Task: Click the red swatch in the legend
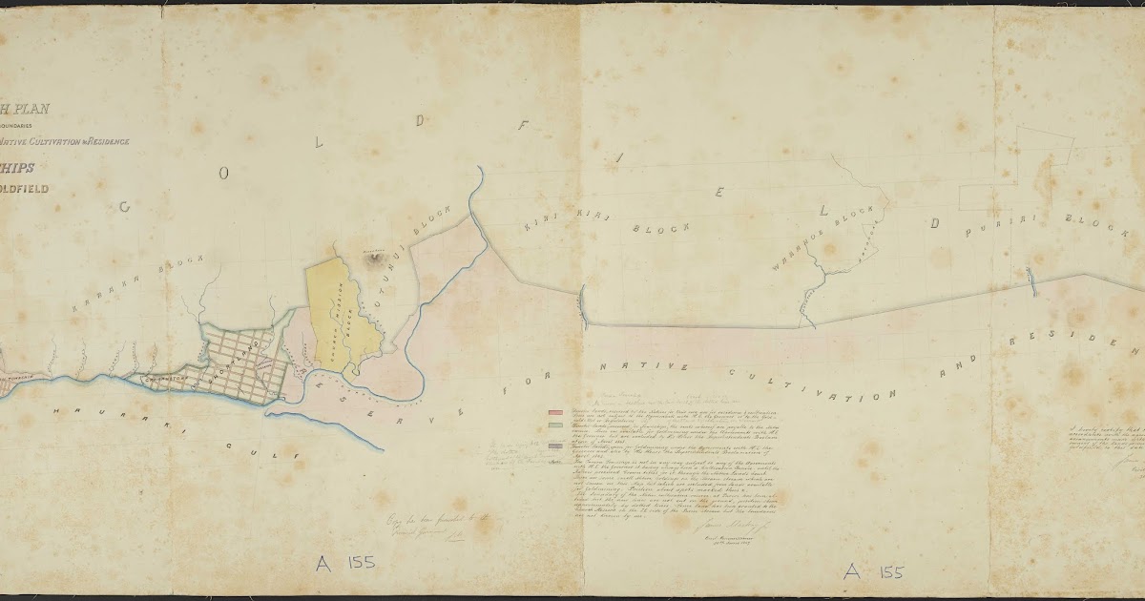point(553,412)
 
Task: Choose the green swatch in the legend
point(553,426)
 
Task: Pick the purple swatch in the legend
point(553,446)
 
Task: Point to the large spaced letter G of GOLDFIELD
point(124,206)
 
